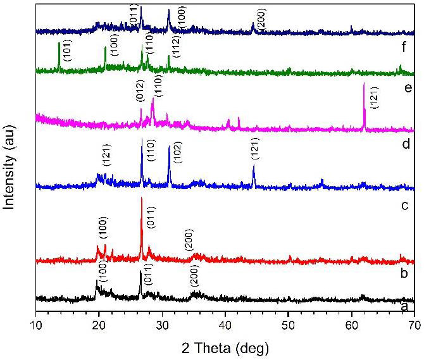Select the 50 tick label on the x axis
point(288,326)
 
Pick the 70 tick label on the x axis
point(413,326)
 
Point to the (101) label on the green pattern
point(68,50)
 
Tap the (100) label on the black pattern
point(103,271)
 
